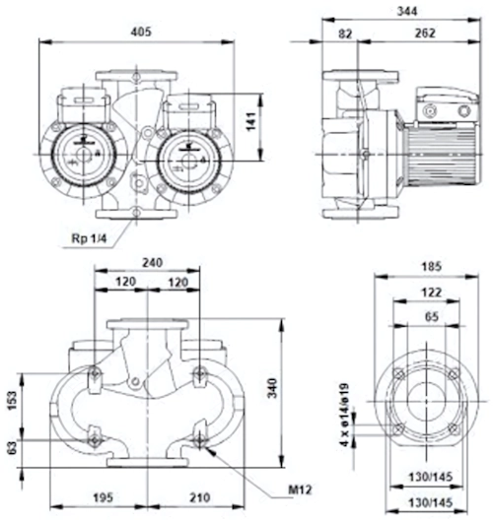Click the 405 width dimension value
141,32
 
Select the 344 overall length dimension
407,11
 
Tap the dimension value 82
345,33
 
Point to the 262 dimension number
425,33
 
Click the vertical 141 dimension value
251,121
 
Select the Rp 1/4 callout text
89,238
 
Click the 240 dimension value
152,263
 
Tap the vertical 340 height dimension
273,388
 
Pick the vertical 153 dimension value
12,401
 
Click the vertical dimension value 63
12,448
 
